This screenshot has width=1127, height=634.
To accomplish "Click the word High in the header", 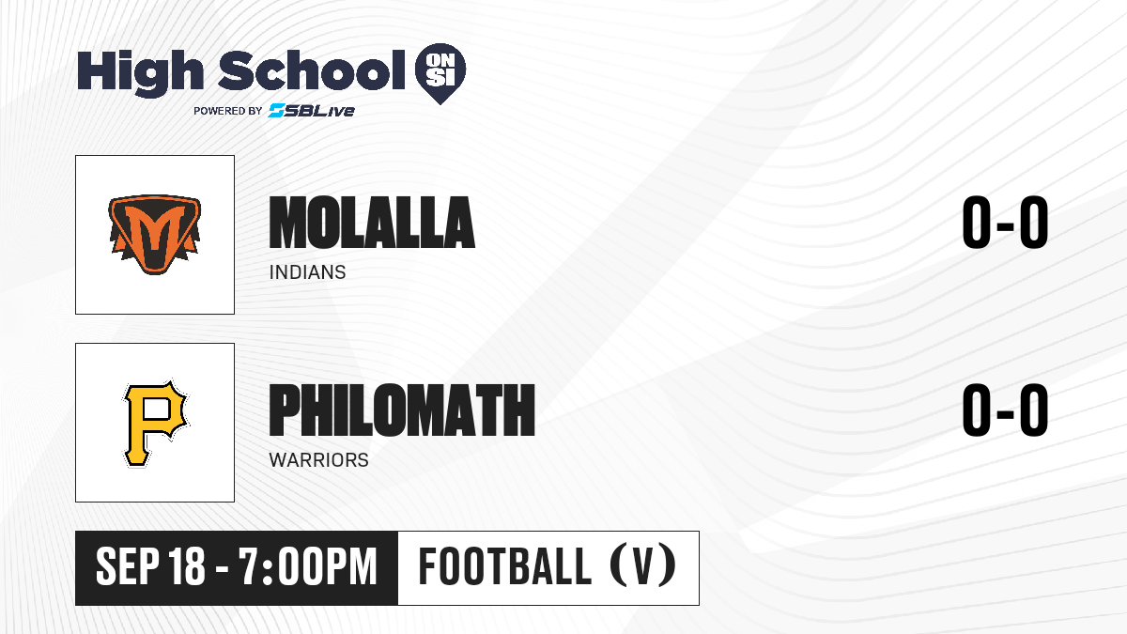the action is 140,72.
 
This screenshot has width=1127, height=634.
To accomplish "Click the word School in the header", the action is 312,70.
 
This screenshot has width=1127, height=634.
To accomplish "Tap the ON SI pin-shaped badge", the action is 440,73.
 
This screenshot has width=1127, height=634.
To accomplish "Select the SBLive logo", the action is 312,110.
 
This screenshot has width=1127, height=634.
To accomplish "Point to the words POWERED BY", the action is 228,111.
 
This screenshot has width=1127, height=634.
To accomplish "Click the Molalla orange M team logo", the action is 155,235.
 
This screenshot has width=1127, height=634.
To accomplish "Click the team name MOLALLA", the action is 372,223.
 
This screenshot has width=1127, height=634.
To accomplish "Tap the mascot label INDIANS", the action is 307,272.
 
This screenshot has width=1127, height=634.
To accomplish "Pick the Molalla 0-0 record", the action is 1005,223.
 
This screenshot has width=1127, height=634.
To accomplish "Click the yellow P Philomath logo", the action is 155,424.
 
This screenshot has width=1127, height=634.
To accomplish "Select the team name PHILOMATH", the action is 402,410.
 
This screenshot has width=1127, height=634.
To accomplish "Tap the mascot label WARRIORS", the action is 319,460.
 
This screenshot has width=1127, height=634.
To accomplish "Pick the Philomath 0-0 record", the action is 1005,410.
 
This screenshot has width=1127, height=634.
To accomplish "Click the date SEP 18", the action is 150,566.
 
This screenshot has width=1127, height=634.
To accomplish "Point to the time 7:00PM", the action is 308,566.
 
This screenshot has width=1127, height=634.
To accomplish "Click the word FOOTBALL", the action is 505,566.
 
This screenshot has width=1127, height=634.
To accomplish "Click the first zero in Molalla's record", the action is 977,223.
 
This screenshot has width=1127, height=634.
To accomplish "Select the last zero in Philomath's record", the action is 1034,410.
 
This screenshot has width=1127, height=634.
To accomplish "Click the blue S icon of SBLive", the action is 277,110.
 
